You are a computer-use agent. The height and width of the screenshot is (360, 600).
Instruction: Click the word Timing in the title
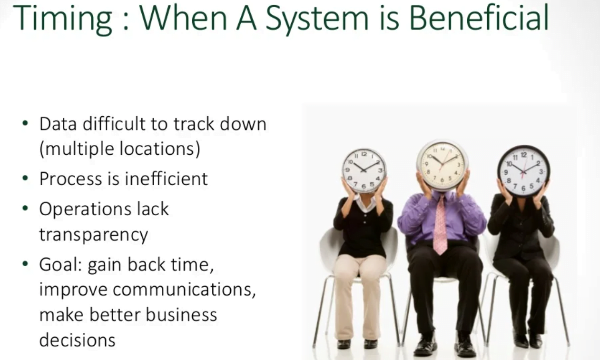pos(63,18)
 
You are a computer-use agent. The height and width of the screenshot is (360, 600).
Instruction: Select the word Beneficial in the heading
pos(478,18)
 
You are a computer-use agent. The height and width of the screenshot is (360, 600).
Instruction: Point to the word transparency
pos(93,234)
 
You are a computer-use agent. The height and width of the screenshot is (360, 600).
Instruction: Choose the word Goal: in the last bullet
pos(60,265)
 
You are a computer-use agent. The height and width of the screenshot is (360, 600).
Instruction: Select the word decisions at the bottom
pos(77,340)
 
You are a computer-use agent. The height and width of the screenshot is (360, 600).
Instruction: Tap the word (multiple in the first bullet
pos(73,150)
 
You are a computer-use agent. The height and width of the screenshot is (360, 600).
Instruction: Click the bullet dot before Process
pos(25,179)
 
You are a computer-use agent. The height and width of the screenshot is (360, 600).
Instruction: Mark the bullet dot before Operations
pos(25,209)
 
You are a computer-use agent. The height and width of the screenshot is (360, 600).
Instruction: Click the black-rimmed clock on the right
pos(523,170)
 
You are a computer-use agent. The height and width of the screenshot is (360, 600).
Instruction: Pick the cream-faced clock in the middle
pos(443,165)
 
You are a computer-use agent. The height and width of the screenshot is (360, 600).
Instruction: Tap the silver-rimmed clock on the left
pos(364,170)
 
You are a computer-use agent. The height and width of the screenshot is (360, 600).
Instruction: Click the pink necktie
pos(440,224)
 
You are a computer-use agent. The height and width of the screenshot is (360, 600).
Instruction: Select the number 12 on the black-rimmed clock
pos(523,155)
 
